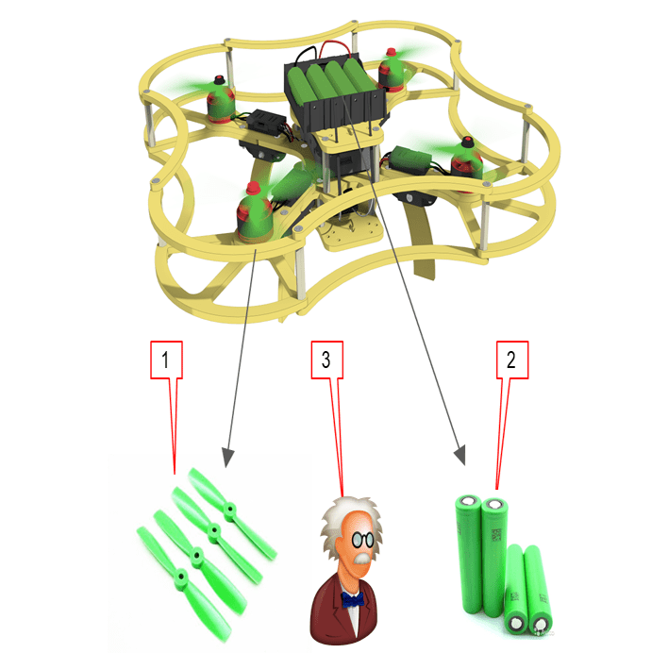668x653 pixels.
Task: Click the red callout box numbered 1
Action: tap(166, 360)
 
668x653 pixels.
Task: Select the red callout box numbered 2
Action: tap(512, 360)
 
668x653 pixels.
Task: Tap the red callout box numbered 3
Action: tap(326, 360)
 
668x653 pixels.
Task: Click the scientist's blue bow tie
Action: tap(352, 600)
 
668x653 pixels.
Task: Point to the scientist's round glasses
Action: tap(362, 540)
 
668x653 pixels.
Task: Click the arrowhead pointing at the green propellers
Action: tap(228, 458)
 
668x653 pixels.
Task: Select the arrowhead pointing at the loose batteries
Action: tap(460, 455)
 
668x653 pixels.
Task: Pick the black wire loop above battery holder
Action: tap(306, 55)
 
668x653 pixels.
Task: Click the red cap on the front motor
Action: tap(254, 188)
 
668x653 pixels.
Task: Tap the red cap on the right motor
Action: tap(467, 142)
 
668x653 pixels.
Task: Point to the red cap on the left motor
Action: tap(220, 79)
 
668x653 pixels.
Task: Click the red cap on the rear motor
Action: tap(392, 53)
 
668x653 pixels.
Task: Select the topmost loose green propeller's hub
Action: tap(230, 509)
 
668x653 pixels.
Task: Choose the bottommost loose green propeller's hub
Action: tap(181, 577)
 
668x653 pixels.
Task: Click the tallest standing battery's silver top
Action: tap(495, 506)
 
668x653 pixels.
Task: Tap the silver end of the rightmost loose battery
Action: tap(541, 624)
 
